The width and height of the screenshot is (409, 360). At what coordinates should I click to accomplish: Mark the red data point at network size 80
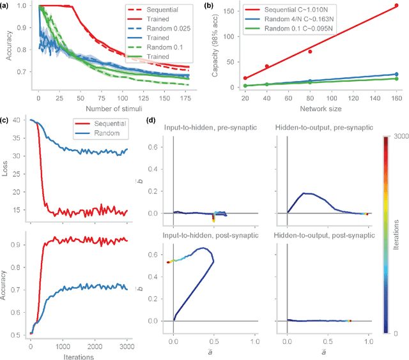tap(310, 51)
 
